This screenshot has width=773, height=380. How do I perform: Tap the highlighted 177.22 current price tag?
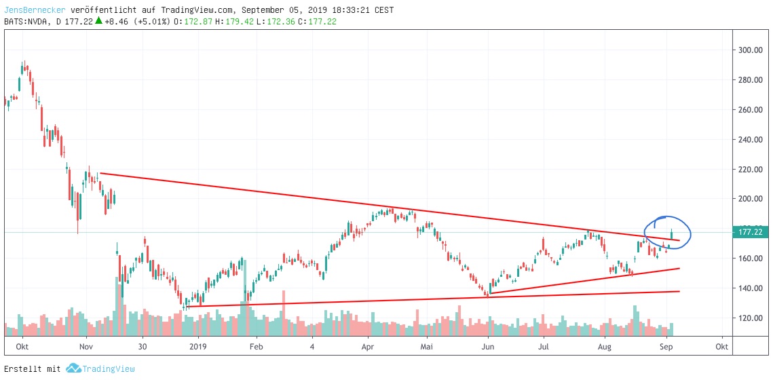[x=751, y=233]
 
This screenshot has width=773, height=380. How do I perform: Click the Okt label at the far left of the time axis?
[x=22, y=346]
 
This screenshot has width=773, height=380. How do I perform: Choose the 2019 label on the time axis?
[x=197, y=346]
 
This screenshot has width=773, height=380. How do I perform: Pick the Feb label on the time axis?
[x=256, y=346]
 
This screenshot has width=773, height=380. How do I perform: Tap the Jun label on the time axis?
[x=487, y=346]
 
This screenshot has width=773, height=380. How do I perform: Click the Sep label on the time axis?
[x=666, y=346]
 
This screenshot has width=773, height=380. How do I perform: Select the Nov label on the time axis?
[x=86, y=346]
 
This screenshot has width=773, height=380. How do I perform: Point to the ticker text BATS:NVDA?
[x=24, y=22]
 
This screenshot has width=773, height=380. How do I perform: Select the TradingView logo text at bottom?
[x=109, y=368]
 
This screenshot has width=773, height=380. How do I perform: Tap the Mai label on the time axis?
[x=427, y=346]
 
